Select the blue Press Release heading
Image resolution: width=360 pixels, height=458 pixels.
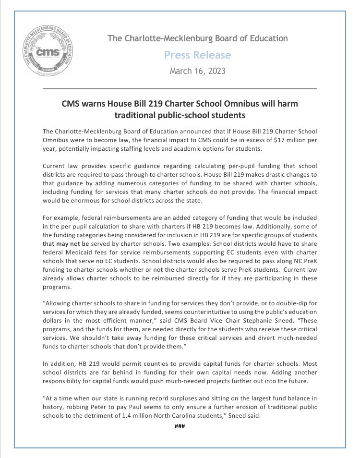click(197, 55)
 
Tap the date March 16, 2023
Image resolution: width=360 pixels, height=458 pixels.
click(197, 71)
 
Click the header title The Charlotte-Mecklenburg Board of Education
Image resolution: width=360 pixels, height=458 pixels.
click(197, 38)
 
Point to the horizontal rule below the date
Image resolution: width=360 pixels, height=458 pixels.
click(180, 89)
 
